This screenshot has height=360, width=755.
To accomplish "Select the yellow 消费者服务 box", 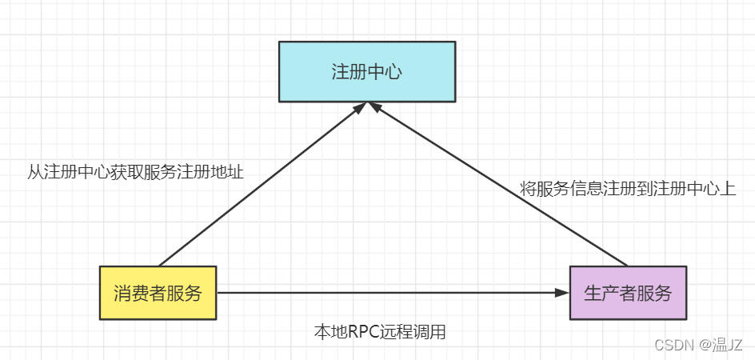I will pyautogui.click(x=158, y=293).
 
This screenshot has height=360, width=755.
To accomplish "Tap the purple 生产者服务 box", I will pyautogui.click(x=627, y=293).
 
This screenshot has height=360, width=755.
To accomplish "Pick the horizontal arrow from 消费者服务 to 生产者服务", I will pyautogui.click(x=384, y=293).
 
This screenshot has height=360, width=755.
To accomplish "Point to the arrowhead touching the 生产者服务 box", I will pyautogui.click(x=561, y=293).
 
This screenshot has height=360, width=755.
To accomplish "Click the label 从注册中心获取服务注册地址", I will pyautogui.click(x=135, y=171).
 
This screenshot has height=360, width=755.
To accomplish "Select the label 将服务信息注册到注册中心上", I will pyautogui.click(x=627, y=190).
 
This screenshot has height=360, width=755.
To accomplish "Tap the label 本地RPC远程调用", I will pyautogui.click(x=380, y=332).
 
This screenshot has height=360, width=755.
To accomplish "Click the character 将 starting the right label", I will pyautogui.click(x=528, y=190).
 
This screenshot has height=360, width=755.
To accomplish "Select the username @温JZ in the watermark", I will pyautogui.click(x=721, y=345).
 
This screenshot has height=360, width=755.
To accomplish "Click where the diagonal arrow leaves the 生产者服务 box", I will pyautogui.click(x=625, y=264).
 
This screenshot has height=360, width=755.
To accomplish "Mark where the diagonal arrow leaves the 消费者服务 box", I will pyautogui.click(x=161, y=265).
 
